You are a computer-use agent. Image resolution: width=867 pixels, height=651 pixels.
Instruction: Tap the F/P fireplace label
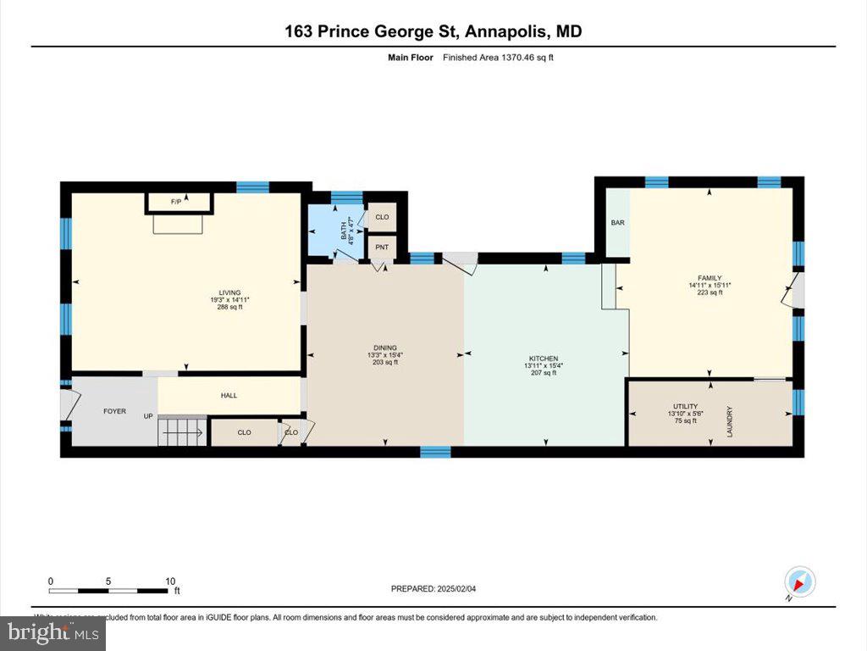(x=176, y=202)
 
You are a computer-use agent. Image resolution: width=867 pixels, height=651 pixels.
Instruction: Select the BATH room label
(x=344, y=230)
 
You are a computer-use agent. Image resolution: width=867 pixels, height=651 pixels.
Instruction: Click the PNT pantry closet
(x=382, y=247)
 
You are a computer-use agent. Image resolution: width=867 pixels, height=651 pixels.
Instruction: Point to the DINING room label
(x=385, y=348)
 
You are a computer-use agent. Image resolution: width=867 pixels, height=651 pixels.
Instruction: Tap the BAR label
(x=617, y=223)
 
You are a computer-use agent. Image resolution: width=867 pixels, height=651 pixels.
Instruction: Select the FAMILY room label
(x=710, y=278)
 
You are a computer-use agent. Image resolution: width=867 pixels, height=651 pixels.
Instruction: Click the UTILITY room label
(x=685, y=407)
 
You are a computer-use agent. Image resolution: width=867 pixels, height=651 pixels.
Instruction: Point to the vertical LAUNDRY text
(x=729, y=421)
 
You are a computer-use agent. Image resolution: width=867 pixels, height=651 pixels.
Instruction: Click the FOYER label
(x=114, y=411)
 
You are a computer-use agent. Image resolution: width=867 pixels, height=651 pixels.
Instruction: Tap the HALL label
(x=229, y=395)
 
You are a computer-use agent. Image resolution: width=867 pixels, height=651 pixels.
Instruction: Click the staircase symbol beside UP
(x=182, y=431)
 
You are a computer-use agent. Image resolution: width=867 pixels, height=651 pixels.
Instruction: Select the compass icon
(x=799, y=582)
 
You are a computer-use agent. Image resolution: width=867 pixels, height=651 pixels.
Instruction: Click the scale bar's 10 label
(x=170, y=581)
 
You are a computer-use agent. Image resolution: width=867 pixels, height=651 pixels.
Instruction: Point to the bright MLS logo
(x=52, y=632)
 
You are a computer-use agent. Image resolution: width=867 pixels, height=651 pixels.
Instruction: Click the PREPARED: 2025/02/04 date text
(x=439, y=589)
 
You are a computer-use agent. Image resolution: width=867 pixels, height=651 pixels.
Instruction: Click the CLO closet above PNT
(x=382, y=217)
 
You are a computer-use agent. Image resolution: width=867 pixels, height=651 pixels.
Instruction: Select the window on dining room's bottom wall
(x=435, y=451)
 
